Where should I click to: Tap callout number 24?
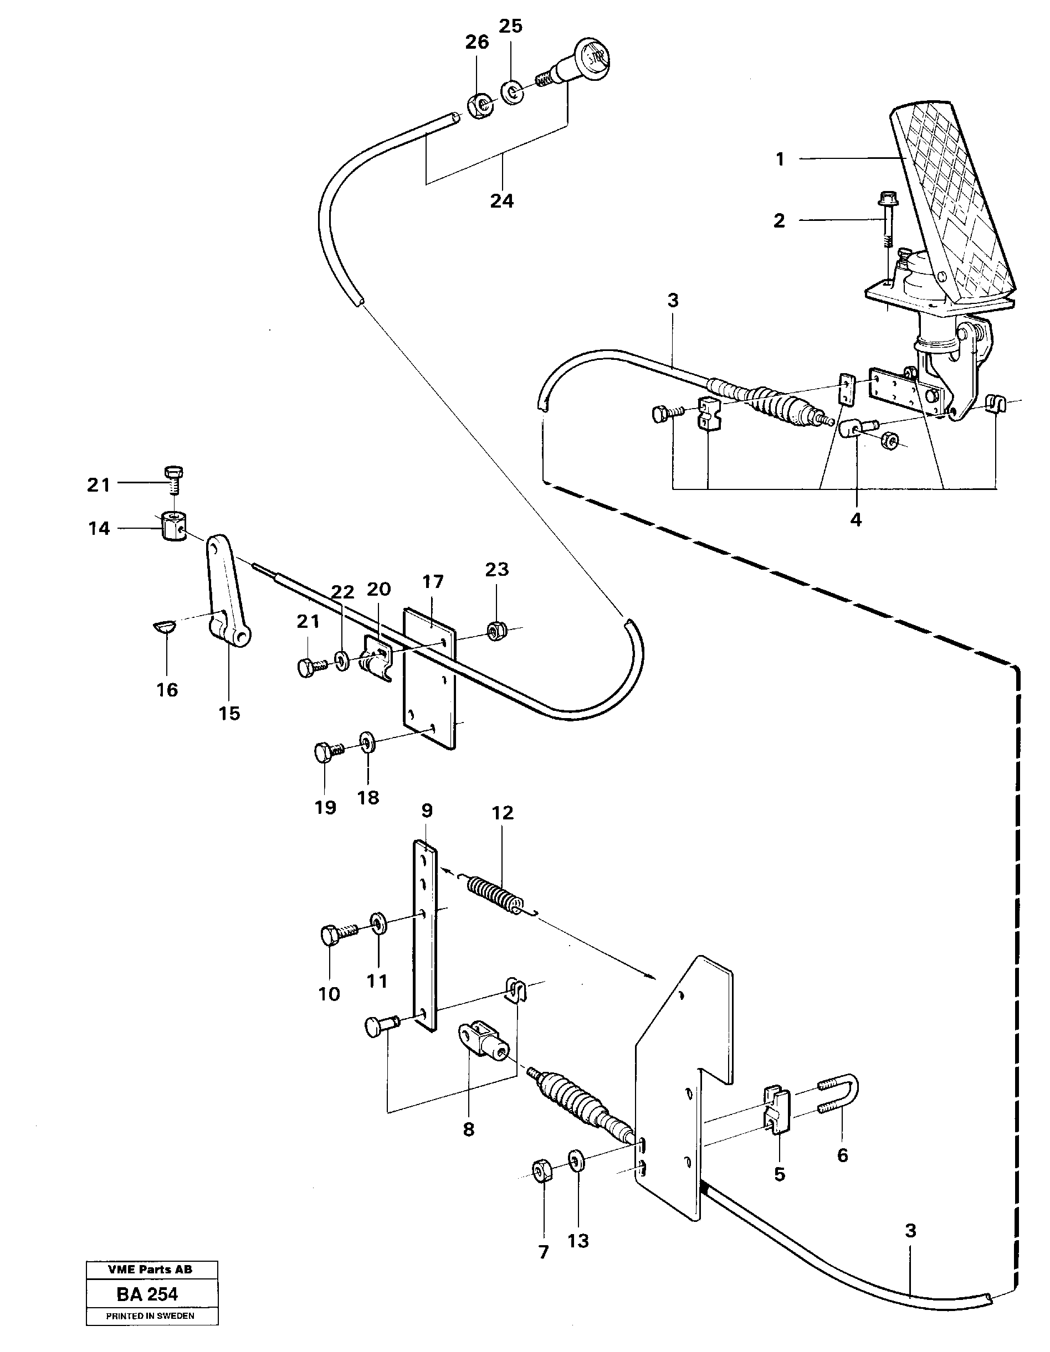tap(502, 201)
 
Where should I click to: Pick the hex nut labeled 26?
tap(479, 106)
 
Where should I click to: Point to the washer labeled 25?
tap(511, 93)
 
